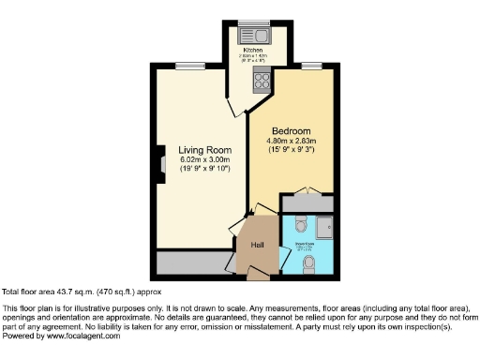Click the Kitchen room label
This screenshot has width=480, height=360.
[x=253, y=49]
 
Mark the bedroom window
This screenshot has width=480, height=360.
[x=310, y=65]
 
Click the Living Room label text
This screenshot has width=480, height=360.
[x=204, y=149]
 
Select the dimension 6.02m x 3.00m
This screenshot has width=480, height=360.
[x=204, y=159]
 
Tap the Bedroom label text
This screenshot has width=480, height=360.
[x=292, y=131]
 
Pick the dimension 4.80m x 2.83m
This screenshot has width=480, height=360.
[x=292, y=142]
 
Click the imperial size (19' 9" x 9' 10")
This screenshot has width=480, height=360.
[x=204, y=170]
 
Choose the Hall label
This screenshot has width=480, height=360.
[x=257, y=246]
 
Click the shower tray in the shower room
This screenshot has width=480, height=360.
[x=324, y=228]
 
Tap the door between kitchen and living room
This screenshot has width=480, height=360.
[x=231, y=105]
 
